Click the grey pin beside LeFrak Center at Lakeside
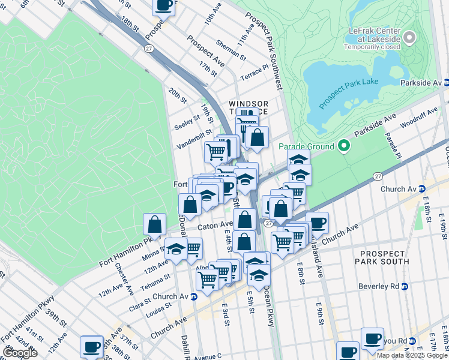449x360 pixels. (x=410, y=38)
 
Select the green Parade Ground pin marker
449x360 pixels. (x=343, y=146)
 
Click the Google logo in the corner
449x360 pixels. (x=20, y=352)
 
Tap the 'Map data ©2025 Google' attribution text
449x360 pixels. (x=412, y=355)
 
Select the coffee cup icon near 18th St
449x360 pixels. (x=164, y=7)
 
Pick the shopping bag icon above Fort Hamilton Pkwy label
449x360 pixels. (x=155, y=225)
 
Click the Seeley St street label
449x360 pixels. (x=186, y=123)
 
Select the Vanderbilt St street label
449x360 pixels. (x=194, y=140)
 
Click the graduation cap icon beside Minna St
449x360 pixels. (x=176, y=249)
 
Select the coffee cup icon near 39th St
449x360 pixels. (x=91, y=346)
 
